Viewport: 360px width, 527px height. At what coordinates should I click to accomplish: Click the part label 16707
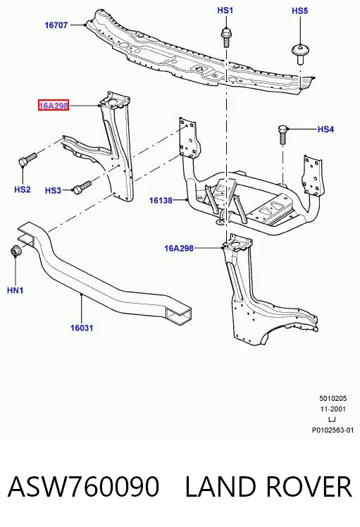coord(56,25)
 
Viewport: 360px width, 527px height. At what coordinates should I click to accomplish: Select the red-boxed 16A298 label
coord(54,106)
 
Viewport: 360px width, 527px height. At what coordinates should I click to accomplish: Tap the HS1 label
coord(225,10)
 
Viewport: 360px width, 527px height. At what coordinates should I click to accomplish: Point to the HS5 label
coord(300,11)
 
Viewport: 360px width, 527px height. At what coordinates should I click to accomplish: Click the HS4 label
coord(325,129)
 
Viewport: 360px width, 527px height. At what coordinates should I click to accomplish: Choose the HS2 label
coord(23,190)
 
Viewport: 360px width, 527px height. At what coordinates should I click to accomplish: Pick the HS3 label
coord(53,190)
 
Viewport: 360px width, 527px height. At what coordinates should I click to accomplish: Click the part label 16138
coord(161,200)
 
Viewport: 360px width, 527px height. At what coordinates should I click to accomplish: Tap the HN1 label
coord(15,290)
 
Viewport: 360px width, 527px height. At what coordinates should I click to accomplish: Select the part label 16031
coord(82,328)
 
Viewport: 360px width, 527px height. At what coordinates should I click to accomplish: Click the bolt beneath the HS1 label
coord(226,37)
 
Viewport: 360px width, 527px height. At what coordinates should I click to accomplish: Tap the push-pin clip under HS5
coord(300,54)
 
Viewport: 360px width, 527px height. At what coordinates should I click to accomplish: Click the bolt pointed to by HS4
coord(283,135)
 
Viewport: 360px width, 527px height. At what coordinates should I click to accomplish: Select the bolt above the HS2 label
coord(27,159)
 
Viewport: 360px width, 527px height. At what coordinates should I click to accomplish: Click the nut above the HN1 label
coord(15,251)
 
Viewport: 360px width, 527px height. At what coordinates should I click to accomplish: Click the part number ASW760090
coord(83,486)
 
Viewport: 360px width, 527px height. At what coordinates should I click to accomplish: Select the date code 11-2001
coord(333,409)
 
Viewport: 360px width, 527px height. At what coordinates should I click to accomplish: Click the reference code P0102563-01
coord(333,430)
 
